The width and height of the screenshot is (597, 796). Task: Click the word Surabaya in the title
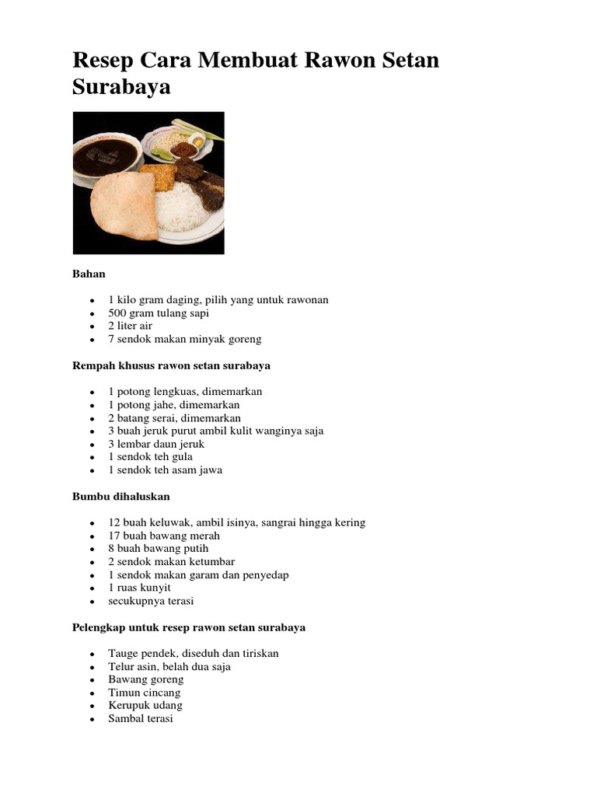[x=121, y=88]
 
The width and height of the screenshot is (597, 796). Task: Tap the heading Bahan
[x=89, y=274]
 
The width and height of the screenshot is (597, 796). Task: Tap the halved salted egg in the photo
[x=197, y=141]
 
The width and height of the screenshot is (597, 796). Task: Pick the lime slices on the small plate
[x=162, y=152]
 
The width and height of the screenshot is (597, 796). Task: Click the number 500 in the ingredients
[x=118, y=313]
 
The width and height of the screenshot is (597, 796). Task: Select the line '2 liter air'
[x=130, y=326]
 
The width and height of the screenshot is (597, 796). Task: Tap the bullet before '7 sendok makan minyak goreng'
[x=92, y=340]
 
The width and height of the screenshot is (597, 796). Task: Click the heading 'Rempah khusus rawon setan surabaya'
[x=171, y=365]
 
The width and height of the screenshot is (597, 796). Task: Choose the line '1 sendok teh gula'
[x=150, y=457]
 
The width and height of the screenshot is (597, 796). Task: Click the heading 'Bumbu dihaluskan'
[x=120, y=496]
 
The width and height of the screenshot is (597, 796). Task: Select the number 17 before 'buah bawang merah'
[x=114, y=536]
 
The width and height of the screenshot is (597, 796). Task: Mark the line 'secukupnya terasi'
[x=151, y=601]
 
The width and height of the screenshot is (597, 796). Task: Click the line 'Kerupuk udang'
[x=145, y=706]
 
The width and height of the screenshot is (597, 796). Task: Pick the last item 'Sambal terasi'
[x=141, y=719]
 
